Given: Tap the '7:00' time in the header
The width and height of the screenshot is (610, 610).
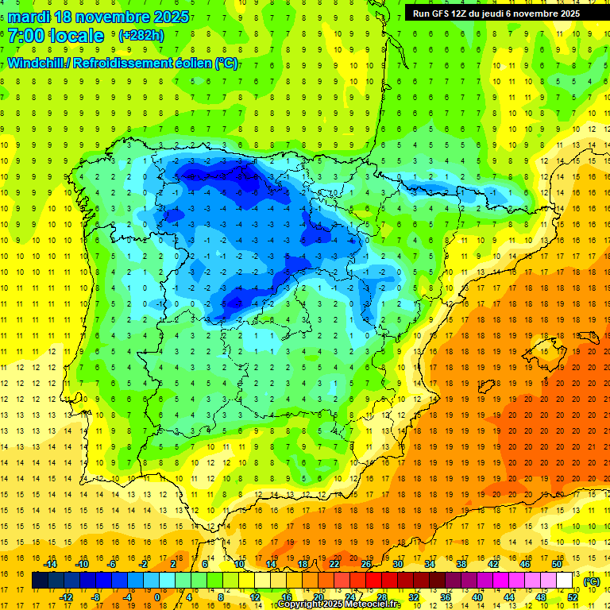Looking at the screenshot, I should point(25,37).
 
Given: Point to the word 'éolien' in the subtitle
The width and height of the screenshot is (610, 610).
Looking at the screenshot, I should point(193,64).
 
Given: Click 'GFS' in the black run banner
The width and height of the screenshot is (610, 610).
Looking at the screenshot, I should point(444,14).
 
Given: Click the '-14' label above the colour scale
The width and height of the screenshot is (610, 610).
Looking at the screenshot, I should point(49,564).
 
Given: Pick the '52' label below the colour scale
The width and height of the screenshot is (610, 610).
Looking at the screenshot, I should point(573,597).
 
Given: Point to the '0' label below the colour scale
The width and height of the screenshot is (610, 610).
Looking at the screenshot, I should point(156,597).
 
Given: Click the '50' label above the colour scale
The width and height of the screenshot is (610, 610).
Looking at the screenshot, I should point(556,564).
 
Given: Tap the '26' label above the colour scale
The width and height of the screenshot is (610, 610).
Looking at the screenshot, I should point(366,564).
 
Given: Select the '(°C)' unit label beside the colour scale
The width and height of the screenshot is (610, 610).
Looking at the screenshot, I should point(591,581).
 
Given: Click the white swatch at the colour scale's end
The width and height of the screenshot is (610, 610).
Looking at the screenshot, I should point(565,581).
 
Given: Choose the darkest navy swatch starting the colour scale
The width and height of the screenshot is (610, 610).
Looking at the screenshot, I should point(40,581).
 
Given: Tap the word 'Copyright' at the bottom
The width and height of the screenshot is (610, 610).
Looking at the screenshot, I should point(299,604).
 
